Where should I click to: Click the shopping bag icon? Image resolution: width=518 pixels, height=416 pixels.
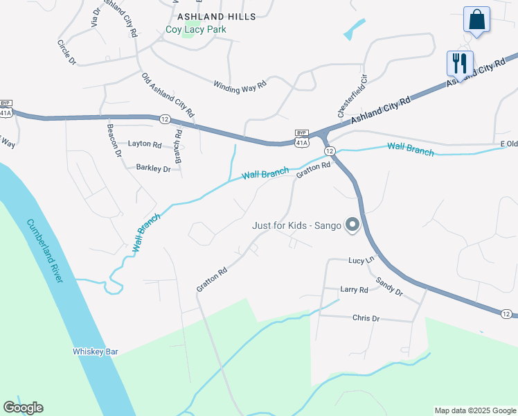point(476,20)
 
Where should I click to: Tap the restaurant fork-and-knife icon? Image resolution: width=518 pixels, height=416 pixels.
point(460,64)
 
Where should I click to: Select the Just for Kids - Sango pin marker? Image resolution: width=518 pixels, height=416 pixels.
point(352,224)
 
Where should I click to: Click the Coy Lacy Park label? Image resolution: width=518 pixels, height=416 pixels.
point(196,30)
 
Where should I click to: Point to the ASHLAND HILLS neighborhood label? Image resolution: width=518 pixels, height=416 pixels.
point(216,16)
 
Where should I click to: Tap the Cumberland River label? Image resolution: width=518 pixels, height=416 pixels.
point(46,250)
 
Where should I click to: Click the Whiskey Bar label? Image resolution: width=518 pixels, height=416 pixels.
point(96,352)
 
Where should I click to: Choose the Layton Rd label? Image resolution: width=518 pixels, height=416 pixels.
point(144,145)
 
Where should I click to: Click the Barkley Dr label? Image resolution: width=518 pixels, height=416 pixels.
point(153,168)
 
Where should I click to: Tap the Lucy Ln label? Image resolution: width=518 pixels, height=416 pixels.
point(361,260)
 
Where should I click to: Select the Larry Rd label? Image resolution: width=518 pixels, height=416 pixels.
point(354,289)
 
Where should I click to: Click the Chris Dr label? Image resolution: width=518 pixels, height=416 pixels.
point(366,318)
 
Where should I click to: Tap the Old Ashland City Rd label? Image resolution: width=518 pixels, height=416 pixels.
point(168,94)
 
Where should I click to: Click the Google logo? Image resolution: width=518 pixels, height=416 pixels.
point(23,407)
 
